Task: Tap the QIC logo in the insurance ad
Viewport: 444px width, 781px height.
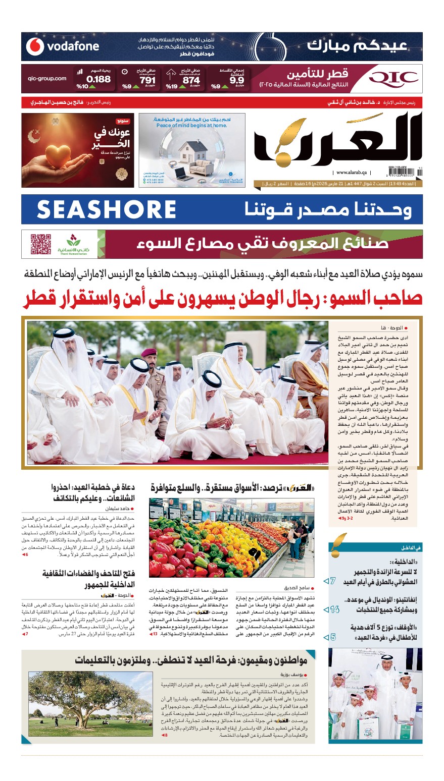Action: click(x=393, y=79)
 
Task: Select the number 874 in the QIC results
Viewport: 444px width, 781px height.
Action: click(x=191, y=80)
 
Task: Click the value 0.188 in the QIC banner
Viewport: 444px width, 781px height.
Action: click(x=98, y=79)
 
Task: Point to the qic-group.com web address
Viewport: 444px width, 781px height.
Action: click(x=47, y=79)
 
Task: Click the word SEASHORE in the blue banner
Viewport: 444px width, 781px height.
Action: click(x=107, y=209)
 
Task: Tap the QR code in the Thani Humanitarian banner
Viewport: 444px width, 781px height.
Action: click(x=40, y=244)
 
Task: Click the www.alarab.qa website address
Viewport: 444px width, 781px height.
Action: click(x=352, y=173)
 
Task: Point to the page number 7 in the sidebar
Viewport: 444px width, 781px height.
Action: click(x=332, y=581)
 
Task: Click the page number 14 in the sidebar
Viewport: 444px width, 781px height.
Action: click(x=333, y=609)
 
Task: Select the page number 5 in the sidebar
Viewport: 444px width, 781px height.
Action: click(x=332, y=637)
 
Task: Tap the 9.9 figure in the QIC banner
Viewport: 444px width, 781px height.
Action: click(x=236, y=80)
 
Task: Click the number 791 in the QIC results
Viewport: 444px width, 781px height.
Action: click(x=147, y=80)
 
